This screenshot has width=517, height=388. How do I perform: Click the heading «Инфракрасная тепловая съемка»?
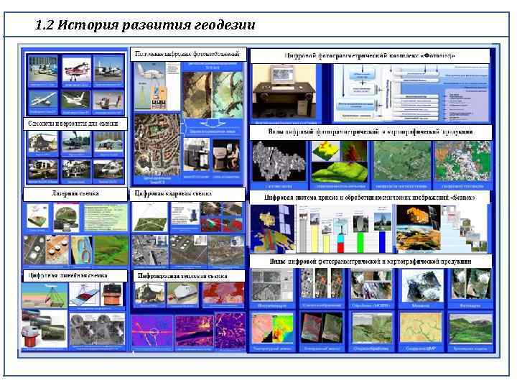click(x=183, y=275)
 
